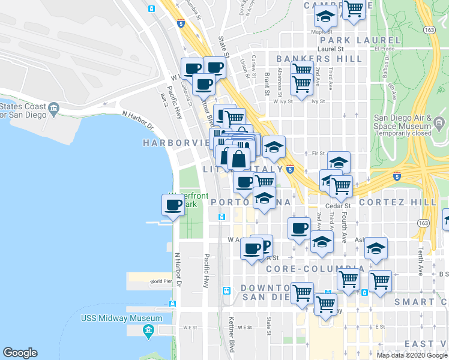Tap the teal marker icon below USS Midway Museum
[148, 330]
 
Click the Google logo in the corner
[20, 353]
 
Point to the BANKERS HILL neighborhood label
[319, 59]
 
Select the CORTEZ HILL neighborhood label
[397, 202]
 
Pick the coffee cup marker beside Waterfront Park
[173, 205]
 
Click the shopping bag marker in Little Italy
[238, 159]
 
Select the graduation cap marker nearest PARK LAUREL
[325, 16]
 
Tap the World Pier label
[161, 281]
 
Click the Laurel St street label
[330, 49]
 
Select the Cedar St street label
[338, 206]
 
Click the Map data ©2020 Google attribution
[412, 355]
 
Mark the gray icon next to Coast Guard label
[54, 109]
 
